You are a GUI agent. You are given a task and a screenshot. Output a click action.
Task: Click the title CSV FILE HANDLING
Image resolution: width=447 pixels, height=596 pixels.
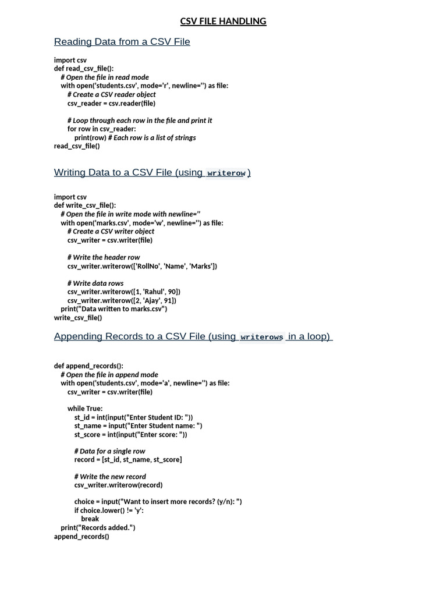pos(223,22)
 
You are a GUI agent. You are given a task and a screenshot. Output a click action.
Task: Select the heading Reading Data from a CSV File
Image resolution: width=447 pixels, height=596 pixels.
pos(122,41)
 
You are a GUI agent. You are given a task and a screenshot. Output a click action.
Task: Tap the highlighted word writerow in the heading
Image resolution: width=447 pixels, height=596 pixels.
pos(226,173)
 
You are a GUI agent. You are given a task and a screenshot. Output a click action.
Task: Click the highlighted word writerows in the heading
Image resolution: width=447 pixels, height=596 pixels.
pos(261,337)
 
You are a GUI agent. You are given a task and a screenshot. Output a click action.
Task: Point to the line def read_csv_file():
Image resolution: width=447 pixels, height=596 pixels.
pos(84,69)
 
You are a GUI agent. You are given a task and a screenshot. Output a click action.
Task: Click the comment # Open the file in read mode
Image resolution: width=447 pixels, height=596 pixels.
pos(105,77)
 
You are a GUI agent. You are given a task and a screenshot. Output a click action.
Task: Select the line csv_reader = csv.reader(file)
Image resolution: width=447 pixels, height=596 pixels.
pos(111,103)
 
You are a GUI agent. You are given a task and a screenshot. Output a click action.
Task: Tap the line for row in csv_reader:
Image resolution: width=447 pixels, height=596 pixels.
pos(101,129)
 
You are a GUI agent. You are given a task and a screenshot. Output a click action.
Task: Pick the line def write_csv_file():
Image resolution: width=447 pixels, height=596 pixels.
pos(85,205)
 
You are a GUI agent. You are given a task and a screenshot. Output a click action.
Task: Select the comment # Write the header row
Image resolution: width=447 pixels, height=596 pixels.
pos(104,257)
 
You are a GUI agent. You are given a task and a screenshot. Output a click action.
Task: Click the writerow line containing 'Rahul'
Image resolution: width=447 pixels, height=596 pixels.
pos(124,292)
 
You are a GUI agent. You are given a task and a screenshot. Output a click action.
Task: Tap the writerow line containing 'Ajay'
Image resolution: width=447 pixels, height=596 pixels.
pos(122,300)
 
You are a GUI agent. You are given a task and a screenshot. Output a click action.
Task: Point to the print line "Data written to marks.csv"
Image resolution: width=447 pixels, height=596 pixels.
pos(114,309)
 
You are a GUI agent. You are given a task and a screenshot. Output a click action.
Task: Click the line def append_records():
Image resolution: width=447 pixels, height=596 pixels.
pos(88,366)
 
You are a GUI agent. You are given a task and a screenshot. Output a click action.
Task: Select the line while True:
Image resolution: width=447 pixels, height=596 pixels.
pos(85,409)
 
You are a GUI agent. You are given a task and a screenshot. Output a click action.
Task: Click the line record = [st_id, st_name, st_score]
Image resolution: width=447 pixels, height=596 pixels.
pos(128,460)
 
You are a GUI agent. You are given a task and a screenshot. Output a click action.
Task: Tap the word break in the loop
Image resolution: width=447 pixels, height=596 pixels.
pos(90,519)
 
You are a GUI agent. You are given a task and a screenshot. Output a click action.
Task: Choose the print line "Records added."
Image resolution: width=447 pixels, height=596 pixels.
pos(98,527)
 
